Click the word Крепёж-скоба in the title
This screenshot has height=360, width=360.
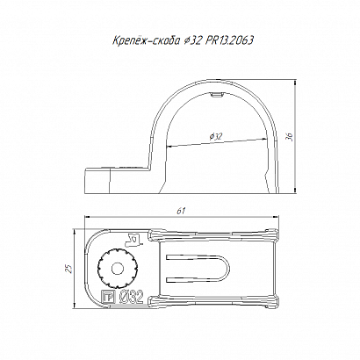pyautogui.click(x=146, y=40)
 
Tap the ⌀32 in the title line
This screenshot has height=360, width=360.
pyautogui.click(x=192, y=40)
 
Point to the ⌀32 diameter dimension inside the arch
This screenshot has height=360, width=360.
pyautogui.click(x=216, y=136)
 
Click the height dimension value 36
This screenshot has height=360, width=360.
pyautogui.click(x=289, y=136)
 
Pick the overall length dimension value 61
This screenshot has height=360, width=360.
pyautogui.click(x=182, y=211)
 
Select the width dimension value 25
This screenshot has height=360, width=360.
pyautogui.click(x=68, y=269)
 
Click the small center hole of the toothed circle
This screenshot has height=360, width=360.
pyautogui.click(x=118, y=268)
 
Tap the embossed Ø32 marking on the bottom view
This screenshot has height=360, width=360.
pyautogui.click(x=132, y=297)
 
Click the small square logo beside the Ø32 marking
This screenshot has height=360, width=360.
pyautogui.click(x=107, y=298)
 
